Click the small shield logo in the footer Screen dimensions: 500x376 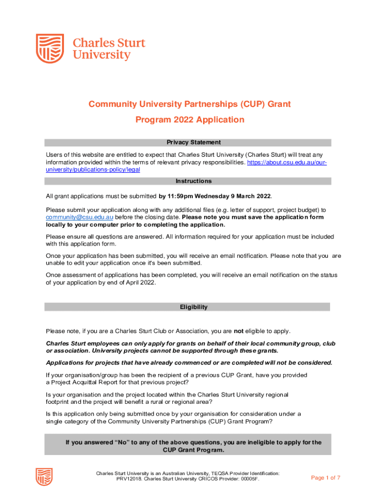coord(44,477)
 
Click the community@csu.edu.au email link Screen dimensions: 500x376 coord(80,217)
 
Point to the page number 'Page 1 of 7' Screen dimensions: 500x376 coord(326,478)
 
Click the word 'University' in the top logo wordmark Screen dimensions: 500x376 coord(102,55)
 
